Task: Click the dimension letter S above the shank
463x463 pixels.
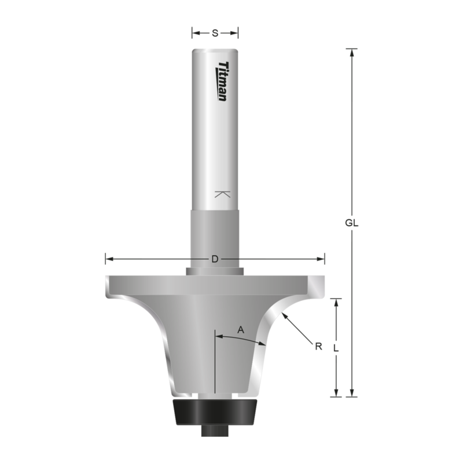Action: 215,33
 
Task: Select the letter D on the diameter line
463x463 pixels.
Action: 215,259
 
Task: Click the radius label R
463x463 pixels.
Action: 318,347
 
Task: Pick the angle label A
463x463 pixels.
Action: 241,329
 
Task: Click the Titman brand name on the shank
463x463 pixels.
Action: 222,81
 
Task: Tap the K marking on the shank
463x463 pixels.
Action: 222,194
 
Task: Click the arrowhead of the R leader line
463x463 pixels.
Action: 284,315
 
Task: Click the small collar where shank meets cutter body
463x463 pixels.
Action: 215,270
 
